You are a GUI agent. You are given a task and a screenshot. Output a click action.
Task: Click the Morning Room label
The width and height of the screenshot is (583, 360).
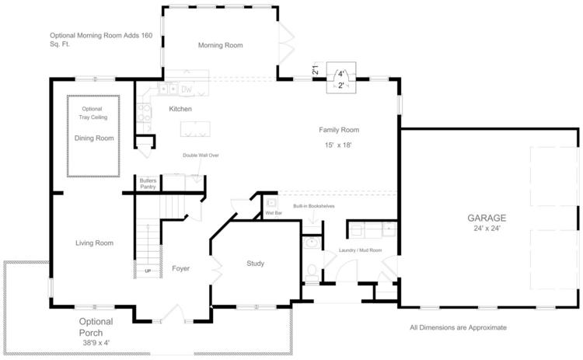coord(220,45)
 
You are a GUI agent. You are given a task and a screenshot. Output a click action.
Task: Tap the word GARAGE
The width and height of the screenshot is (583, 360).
coord(487,218)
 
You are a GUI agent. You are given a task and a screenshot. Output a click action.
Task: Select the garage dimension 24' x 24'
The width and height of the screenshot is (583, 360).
coord(487,229)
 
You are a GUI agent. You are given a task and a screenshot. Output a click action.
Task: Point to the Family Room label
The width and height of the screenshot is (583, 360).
coord(339,130)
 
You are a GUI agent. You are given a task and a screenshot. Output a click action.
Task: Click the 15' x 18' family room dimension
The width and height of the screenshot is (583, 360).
coord(338,145)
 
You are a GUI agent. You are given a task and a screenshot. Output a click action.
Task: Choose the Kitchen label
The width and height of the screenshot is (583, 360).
coord(180,109)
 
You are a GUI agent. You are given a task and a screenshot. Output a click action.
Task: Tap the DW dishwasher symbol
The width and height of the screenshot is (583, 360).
coord(187,89)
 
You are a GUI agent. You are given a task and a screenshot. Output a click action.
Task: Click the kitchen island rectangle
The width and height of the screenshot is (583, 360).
coord(195,129)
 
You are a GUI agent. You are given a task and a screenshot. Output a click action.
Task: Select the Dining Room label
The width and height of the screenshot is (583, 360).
coord(94,138)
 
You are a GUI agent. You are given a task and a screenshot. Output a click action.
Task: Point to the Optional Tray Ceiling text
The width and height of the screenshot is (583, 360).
coord(93,113)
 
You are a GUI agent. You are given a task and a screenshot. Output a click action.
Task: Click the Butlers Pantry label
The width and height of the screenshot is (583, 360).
coord(148,183)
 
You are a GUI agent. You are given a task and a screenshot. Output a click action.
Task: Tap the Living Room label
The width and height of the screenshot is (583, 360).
coord(94,243)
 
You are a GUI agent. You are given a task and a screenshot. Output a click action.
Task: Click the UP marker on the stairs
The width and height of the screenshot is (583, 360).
coord(148,271)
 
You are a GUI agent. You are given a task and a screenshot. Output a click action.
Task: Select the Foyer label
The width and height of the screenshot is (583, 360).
coord(180,268)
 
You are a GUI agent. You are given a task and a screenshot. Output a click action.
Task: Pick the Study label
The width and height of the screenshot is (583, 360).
coord(256,264)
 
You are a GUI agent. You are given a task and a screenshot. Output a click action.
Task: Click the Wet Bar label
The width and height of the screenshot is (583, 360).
coord(274,213)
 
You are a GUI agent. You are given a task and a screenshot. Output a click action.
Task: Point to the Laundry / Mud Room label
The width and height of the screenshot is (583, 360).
coord(360,250)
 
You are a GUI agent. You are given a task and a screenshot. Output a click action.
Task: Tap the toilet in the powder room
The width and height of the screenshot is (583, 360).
coord(312,274)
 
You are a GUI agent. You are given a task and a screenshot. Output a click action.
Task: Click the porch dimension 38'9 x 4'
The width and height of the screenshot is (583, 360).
coord(96,343)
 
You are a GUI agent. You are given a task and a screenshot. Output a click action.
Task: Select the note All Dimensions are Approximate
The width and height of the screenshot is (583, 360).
coord(458,327)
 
